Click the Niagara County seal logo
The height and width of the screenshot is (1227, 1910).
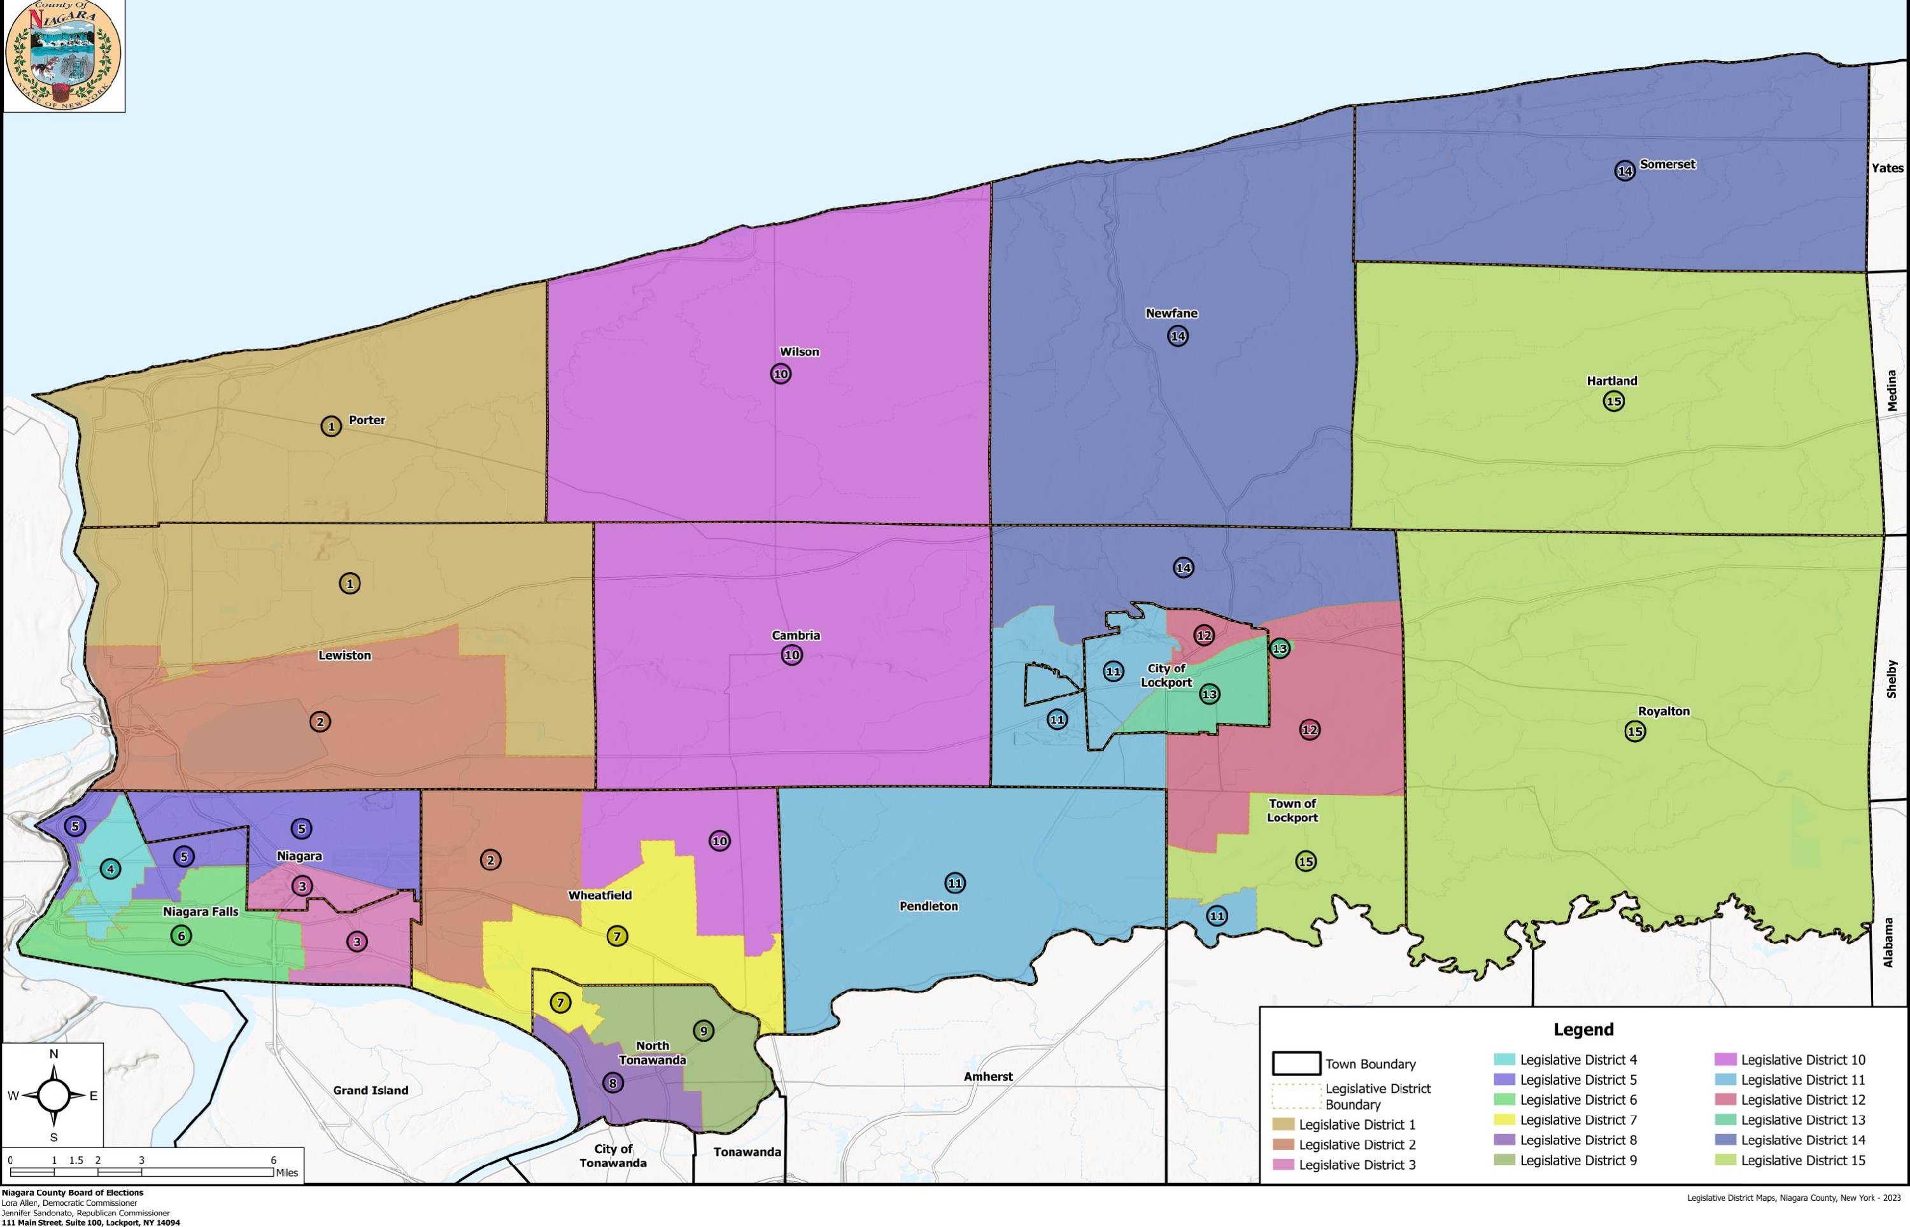pos(63,56)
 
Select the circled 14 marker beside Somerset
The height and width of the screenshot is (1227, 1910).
pos(1625,171)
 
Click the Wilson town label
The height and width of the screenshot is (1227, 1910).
pos(799,351)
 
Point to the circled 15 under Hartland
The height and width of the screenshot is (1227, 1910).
pos(1613,401)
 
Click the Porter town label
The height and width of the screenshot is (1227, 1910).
pos(367,420)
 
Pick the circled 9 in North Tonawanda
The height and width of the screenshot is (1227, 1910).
pos(703,1030)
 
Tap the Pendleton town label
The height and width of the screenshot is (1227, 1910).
pos(928,906)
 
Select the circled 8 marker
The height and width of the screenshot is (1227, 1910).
pos(612,1083)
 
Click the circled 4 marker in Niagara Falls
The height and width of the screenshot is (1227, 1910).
pos(111,869)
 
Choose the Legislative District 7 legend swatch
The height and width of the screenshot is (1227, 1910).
pos(1504,1119)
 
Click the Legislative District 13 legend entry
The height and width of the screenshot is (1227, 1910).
pos(1802,1119)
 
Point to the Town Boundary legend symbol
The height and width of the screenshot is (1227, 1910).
pos(1296,1063)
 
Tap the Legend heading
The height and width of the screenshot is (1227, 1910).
pos(1583,1030)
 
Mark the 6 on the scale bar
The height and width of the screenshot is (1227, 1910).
pos(273,1160)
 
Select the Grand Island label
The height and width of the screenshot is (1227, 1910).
pos(371,1090)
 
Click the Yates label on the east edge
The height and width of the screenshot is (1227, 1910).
pos(1887,168)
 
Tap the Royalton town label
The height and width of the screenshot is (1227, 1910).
pos(1664,712)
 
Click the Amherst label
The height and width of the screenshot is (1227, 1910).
pos(988,1076)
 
